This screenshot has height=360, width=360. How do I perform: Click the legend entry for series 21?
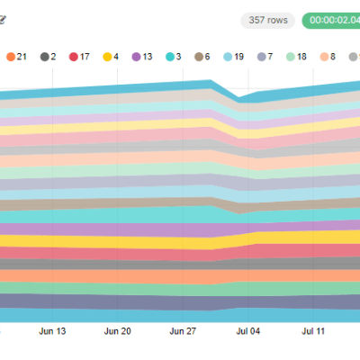(x=17, y=57)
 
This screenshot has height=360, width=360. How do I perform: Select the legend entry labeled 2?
(x=49, y=57)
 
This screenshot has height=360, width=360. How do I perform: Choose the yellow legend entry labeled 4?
(x=115, y=57)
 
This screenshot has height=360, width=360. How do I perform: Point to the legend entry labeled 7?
(x=267, y=57)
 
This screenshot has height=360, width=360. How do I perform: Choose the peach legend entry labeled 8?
(x=328, y=57)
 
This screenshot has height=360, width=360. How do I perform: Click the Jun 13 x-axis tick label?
(x=53, y=331)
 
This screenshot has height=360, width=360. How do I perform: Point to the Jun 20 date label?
(x=118, y=331)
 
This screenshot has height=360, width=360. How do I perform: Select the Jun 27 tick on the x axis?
(x=183, y=331)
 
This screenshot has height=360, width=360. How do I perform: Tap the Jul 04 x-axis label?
(x=248, y=331)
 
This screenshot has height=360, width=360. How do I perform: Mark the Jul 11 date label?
(x=313, y=331)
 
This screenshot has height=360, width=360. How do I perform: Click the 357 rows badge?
(x=267, y=20)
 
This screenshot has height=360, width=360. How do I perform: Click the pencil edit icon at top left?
(x=3, y=19)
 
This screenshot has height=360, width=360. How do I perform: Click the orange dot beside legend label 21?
(x=10, y=57)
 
